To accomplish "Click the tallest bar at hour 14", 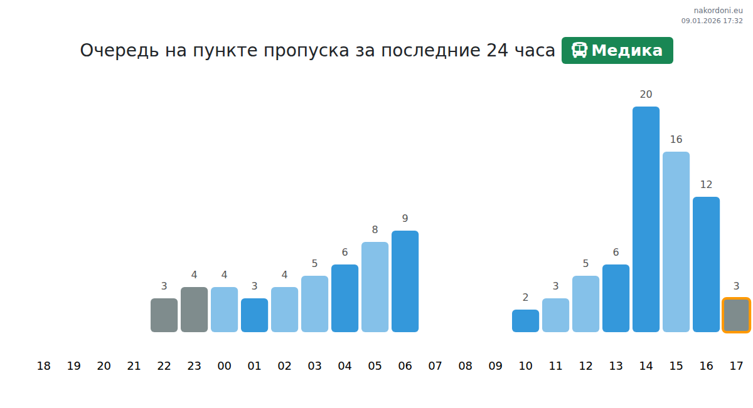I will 646,219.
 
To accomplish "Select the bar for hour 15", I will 676,242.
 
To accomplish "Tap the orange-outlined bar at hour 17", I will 736,315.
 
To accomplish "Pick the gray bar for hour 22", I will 164,315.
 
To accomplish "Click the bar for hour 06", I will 405,281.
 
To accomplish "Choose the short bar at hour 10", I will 525,321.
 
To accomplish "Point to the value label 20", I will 646,95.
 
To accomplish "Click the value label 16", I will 676,140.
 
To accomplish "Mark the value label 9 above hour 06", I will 405,219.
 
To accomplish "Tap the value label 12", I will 706,185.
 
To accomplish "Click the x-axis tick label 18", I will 43,366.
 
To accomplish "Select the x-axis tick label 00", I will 224,366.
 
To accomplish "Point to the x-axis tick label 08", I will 465,366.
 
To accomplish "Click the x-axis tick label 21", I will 134,366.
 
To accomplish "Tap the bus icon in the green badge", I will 579,51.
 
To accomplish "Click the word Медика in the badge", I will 627,51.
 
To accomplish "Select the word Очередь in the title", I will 119,51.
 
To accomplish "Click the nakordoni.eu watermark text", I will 718,11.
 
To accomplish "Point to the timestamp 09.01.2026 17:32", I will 712,21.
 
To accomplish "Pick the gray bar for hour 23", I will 194,310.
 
